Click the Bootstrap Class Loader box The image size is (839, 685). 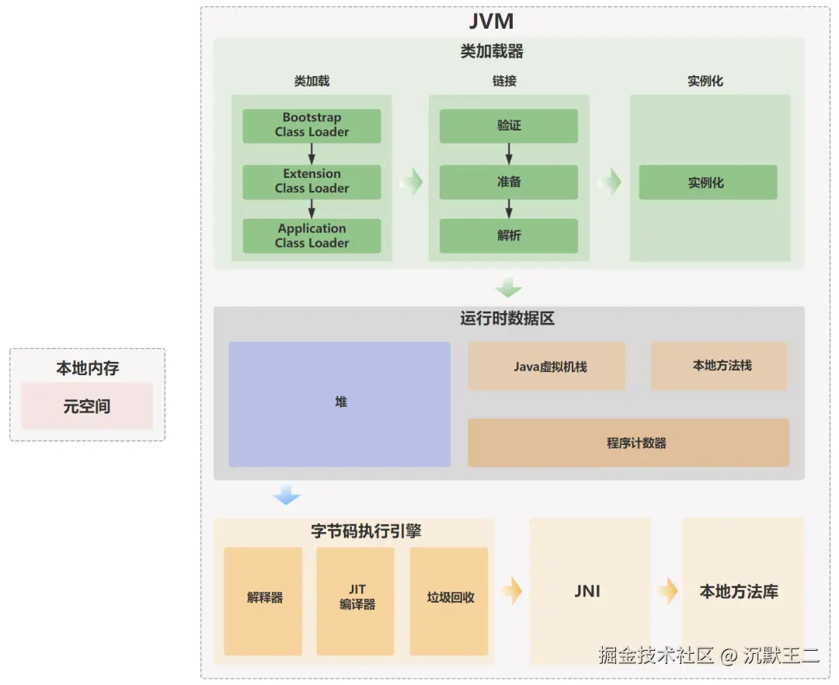coord(312,126)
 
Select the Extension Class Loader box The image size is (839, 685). coord(312,182)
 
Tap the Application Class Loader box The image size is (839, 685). coord(312,236)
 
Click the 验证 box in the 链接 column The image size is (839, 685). coord(509,126)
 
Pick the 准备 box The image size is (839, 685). coord(509,183)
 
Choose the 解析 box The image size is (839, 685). coord(509,236)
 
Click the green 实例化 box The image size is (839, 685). coord(708,183)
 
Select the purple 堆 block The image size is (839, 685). coord(339,404)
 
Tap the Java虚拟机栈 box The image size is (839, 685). coord(546,366)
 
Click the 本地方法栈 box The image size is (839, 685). coord(719,366)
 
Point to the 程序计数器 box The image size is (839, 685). coord(628,443)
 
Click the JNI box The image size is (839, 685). coord(589,592)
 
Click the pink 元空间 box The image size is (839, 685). coord(87,406)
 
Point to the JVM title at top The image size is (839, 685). coord(491,21)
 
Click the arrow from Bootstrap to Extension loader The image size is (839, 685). coord(312,154)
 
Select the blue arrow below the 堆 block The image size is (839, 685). coord(286,495)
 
